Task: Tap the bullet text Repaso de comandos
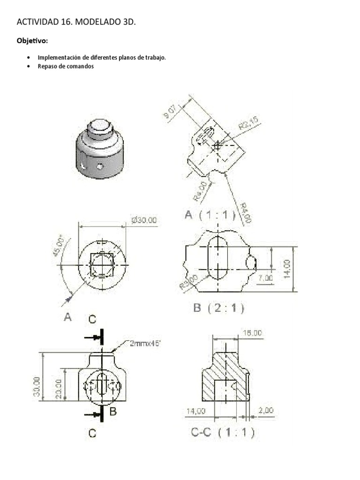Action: tap(66, 66)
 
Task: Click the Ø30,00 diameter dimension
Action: tap(144, 220)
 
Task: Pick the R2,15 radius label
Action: tap(249, 125)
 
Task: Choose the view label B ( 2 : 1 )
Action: tap(218, 308)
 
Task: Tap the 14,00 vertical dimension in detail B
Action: tap(287, 269)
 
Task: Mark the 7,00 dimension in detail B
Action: tap(265, 278)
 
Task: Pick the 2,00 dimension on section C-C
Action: tap(265, 411)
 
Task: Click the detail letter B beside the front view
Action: tap(112, 412)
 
